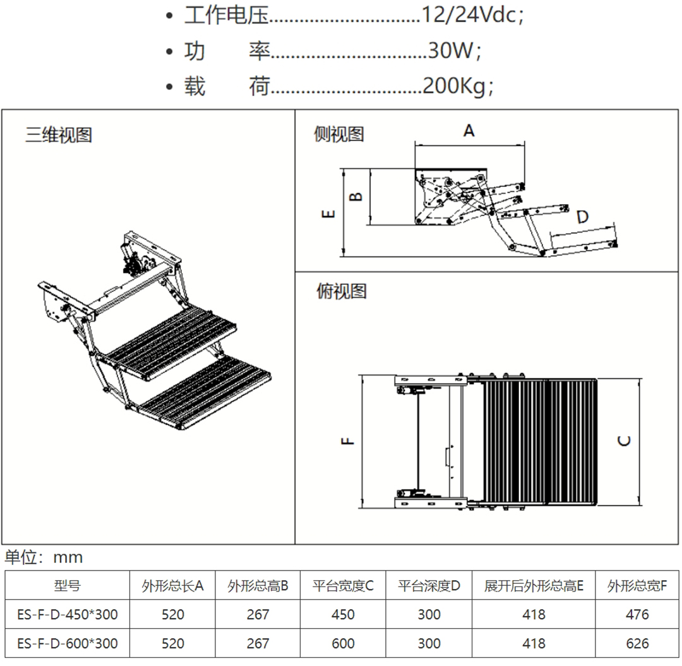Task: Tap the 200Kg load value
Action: point(454,86)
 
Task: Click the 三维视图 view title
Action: point(59,135)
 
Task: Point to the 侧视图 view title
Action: point(339,134)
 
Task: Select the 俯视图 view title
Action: point(341,291)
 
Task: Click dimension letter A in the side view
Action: point(469,131)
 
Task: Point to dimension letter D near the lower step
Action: point(582,217)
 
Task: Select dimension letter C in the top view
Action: point(624,440)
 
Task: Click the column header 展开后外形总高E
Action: point(534,586)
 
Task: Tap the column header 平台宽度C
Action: point(343,586)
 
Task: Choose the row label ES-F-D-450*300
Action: point(68,614)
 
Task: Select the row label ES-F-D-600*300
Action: point(68,643)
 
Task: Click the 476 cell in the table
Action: point(637,614)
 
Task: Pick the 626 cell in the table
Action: point(637,643)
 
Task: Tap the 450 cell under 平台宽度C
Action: point(343,614)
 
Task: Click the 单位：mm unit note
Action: point(44,557)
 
